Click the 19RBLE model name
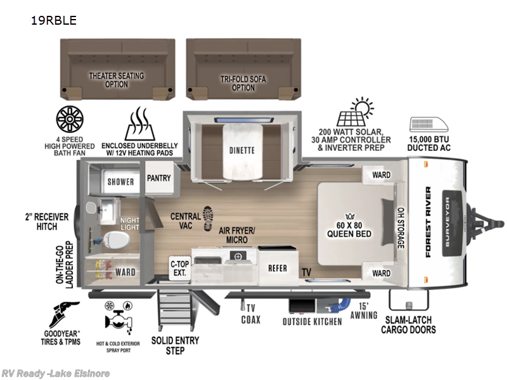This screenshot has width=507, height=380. tap(53, 20)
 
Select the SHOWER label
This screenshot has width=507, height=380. tap(120, 182)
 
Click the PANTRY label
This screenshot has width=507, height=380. tap(158, 178)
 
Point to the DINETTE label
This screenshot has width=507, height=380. tap(241, 151)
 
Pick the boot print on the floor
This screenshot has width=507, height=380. tap(207, 218)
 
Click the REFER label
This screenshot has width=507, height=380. tap(277, 269)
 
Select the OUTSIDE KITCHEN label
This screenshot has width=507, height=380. tap(312, 322)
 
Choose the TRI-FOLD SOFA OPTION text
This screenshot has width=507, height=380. tap(243, 84)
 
